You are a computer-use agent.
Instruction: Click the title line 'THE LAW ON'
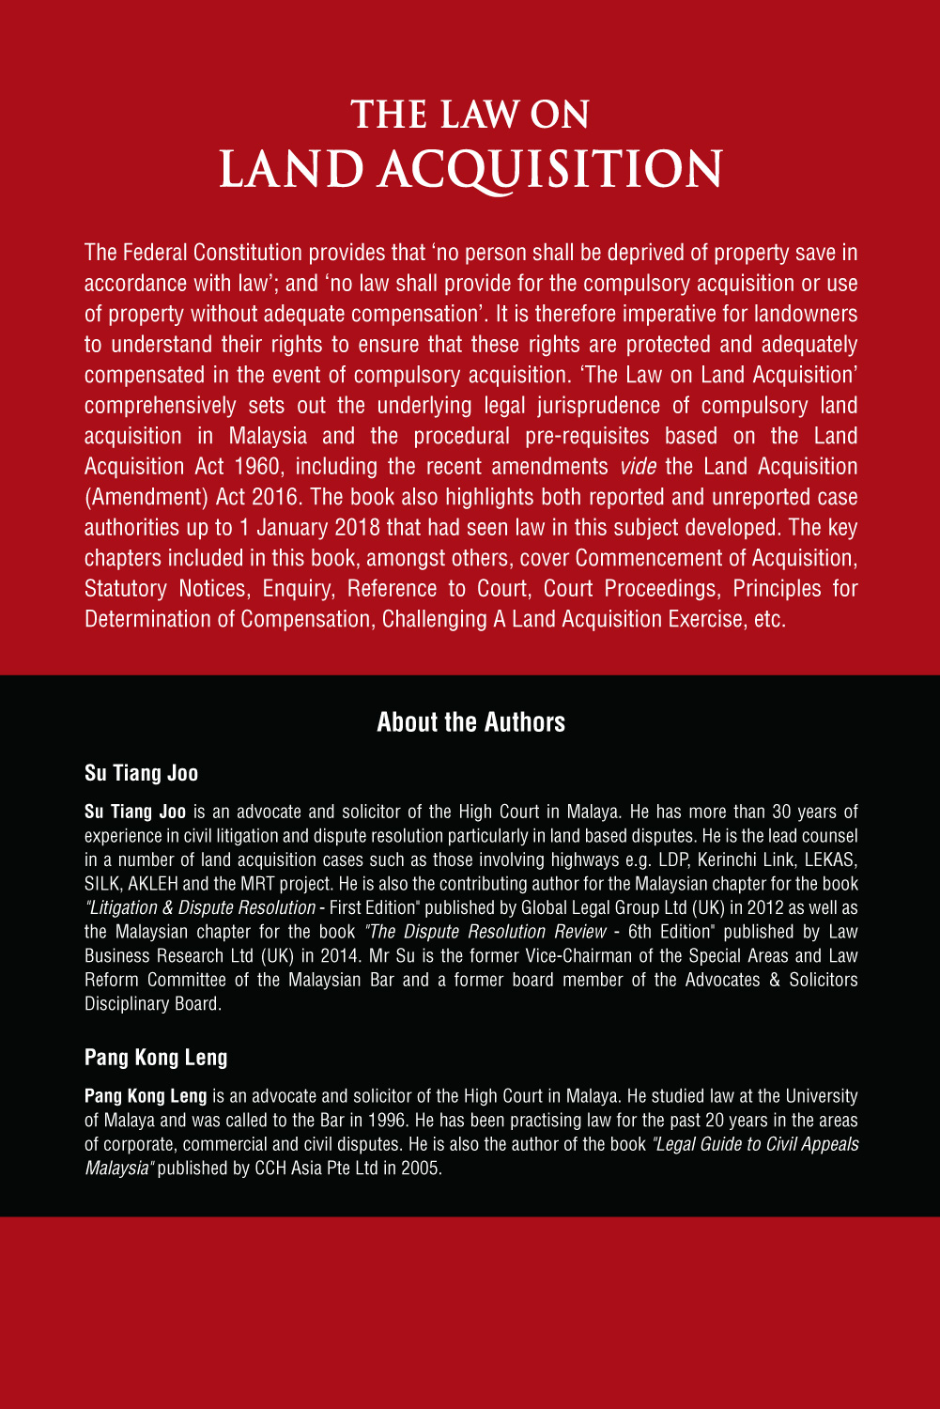click(x=470, y=116)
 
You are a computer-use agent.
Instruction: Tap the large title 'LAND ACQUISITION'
click(x=470, y=169)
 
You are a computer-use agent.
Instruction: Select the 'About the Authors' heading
click(x=470, y=722)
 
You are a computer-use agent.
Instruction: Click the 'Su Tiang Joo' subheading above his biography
click(x=141, y=773)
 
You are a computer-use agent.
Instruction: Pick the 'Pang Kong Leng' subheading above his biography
click(x=156, y=1058)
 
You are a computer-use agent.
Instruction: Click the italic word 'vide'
click(x=638, y=467)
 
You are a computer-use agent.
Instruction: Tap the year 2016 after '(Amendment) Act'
click(x=274, y=497)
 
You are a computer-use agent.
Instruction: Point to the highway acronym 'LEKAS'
click(x=831, y=860)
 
